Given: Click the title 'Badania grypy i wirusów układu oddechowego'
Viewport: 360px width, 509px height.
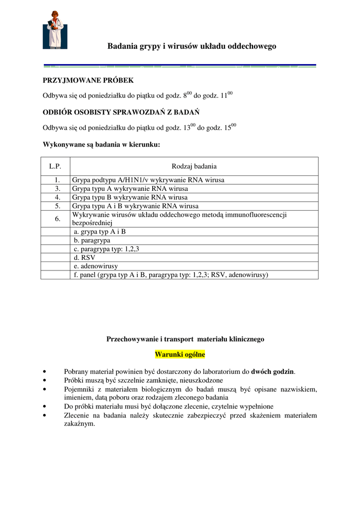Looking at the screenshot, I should (x=192, y=46).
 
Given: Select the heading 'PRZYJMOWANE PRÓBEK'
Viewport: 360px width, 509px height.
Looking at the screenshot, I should (x=88, y=80).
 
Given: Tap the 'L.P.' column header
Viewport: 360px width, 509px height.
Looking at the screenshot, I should (x=55, y=167).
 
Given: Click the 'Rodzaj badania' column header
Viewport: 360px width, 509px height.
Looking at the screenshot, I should (x=194, y=167).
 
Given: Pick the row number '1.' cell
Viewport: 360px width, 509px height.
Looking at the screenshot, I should (x=58, y=180).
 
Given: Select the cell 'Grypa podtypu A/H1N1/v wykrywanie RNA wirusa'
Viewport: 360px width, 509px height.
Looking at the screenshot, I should (x=148, y=180).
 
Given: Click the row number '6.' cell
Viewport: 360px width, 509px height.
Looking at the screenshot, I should (x=58, y=219).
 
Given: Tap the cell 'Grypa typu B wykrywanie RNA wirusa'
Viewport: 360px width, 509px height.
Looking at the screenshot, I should (x=130, y=197).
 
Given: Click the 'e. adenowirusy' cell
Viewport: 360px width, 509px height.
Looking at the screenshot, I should (x=95, y=266).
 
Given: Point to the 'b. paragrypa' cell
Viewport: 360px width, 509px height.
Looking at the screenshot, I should (x=92, y=240).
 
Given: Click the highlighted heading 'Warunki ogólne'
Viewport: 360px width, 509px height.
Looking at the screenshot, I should (x=180, y=354).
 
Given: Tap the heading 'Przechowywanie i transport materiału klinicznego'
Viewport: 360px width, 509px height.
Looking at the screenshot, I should (x=185, y=339).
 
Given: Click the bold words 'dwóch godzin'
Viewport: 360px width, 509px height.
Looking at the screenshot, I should (x=272, y=371).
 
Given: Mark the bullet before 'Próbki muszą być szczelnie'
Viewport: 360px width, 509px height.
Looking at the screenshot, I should (x=46, y=380).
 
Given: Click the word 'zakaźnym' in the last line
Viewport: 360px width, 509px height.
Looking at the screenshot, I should (x=79, y=424).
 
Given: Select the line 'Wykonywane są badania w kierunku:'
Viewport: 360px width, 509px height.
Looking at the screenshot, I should (x=101, y=145).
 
